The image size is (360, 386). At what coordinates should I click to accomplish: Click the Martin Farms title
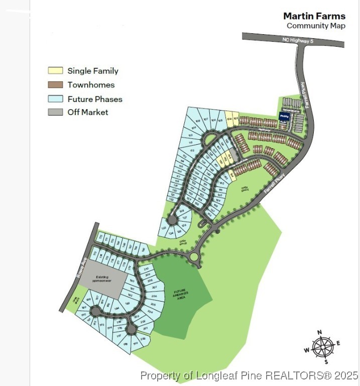tap(314, 16)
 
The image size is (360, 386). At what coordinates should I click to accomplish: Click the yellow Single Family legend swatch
tap(55, 71)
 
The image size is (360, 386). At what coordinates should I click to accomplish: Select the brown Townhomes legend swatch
tap(55, 84)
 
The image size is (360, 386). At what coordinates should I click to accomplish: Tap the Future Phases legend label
tap(95, 99)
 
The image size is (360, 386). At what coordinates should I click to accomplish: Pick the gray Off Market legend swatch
tap(55, 112)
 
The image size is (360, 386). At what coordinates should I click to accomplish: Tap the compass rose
tap(323, 346)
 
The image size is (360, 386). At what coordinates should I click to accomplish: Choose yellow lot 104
tap(229, 119)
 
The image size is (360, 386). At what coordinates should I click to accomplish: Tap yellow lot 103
tap(235, 119)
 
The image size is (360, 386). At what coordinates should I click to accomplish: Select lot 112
tap(192, 149)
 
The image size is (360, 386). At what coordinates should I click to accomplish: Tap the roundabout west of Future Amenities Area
tap(194, 257)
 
